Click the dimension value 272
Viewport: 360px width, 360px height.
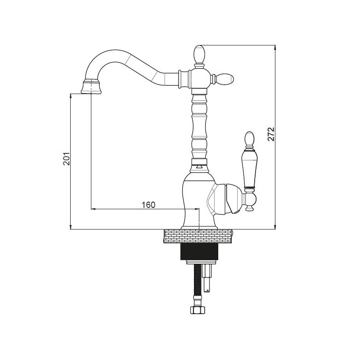tap(270, 134)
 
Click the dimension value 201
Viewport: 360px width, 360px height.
tap(66, 158)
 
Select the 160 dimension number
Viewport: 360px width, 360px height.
tap(148, 205)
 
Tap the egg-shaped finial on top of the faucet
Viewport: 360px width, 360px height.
tap(199, 54)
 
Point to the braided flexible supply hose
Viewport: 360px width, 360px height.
tap(197, 283)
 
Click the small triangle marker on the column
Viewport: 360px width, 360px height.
tap(199, 167)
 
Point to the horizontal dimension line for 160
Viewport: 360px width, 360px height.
tap(144, 209)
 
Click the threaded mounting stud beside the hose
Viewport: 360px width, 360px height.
tap(208, 277)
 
